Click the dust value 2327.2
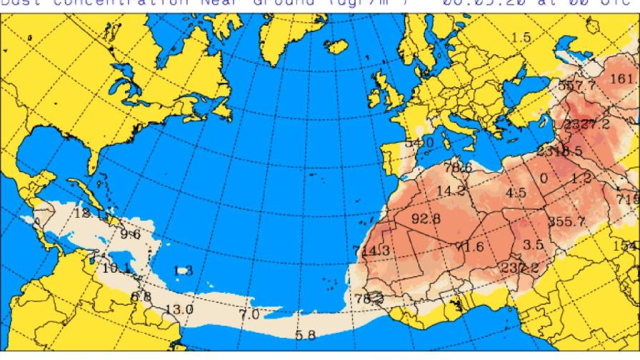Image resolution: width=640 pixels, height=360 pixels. click(586, 124)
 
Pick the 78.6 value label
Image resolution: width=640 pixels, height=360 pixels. click(458, 168)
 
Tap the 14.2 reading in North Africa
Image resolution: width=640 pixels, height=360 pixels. click(451, 191)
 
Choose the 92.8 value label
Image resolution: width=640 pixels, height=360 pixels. click(426, 217)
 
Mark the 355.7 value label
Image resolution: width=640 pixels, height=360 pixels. click(567, 221)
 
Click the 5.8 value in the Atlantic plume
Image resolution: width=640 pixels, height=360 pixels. click(305, 335)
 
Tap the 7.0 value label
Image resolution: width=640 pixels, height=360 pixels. click(249, 314)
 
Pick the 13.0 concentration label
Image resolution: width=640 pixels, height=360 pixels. click(179, 309)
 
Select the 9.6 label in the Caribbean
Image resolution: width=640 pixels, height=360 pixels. click(130, 234)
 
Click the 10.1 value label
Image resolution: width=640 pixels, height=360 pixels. click(114, 269)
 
